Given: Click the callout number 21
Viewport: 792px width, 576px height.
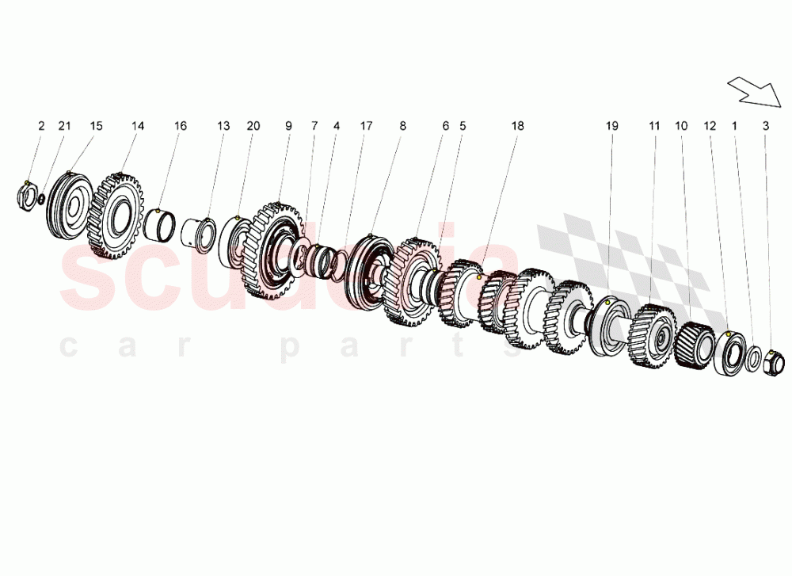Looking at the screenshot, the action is tap(65, 126).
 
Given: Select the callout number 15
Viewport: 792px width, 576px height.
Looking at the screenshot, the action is tap(96, 126).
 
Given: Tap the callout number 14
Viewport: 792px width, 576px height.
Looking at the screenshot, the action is tap(138, 126).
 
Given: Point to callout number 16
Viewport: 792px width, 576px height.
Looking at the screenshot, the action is tap(181, 126).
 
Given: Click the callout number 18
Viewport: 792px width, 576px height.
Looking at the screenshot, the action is tap(518, 126).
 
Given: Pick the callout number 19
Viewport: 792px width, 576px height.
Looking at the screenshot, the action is tap(611, 126).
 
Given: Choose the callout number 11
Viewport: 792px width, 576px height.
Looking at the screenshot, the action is tap(654, 126).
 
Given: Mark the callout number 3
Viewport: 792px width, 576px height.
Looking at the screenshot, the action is tap(766, 126).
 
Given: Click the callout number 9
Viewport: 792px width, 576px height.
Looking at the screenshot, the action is tap(288, 126).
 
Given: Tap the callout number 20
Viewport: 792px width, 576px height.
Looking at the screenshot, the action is tap(253, 126).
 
